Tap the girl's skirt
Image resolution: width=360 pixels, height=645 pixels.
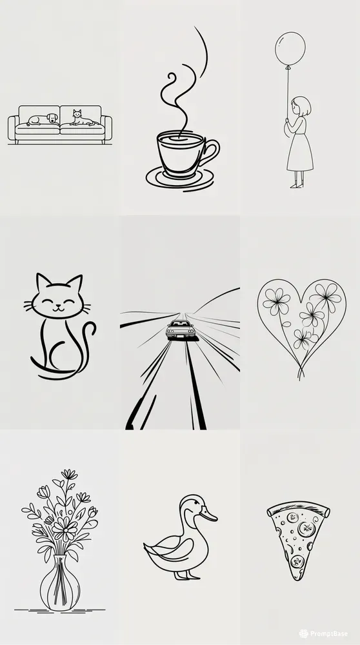point(300,154)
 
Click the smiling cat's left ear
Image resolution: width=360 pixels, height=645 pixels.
point(42,284)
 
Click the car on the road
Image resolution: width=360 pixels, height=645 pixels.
point(181,330)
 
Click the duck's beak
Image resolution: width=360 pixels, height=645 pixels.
point(208,515)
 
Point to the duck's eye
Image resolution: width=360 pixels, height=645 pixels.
point(192,506)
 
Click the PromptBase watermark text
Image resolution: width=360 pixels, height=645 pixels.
point(333,633)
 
